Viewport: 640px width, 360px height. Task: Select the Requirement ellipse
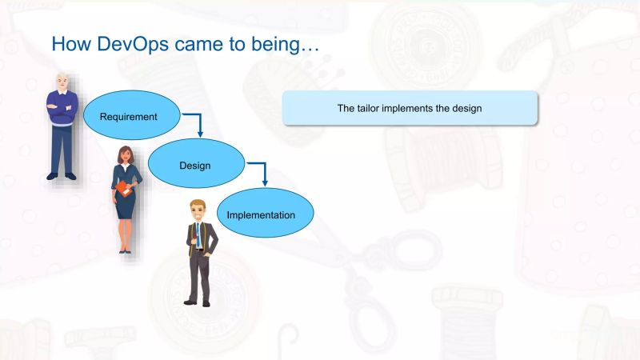click(128, 117)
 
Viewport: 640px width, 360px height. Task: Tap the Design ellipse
click(194, 165)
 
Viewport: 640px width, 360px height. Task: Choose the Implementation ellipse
click(261, 214)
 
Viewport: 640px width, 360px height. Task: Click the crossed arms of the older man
click(62, 108)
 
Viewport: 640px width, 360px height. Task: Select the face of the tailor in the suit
click(197, 213)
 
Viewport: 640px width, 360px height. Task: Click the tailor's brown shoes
click(198, 302)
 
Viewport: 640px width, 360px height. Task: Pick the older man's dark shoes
click(62, 175)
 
